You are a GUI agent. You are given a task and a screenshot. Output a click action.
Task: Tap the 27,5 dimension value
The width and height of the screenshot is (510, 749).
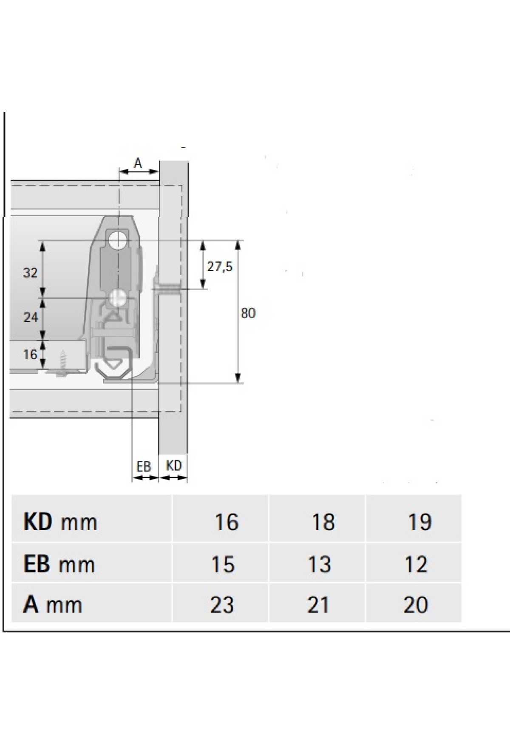tap(220, 267)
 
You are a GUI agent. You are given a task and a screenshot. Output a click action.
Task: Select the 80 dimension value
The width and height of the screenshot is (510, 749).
tap(248, 313)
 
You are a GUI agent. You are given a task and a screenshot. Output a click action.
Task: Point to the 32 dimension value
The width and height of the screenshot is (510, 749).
tap(31, 273)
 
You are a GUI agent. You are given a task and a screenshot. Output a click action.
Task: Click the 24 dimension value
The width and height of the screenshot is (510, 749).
tap(31, 317)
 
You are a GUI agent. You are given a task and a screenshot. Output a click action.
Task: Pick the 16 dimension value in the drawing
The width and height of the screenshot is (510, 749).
tap(30, 354)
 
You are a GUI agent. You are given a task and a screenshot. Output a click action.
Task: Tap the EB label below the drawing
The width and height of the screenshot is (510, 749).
tap(144, 467)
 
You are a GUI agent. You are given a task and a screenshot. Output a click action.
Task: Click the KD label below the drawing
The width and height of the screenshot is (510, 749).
tap(174, 466)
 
